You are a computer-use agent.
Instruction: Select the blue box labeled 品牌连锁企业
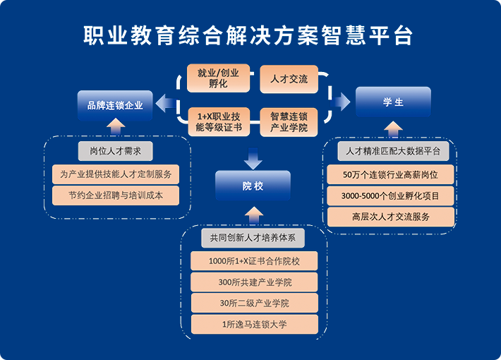pyautogui.click(x=115, y=105)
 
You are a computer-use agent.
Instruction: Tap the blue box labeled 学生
pyautogui.click(x=393, y=102)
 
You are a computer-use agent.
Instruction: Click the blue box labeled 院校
pyautogui.click(x=253, y=186)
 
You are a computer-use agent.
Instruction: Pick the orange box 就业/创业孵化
pyautogui.click(x=218, y=78)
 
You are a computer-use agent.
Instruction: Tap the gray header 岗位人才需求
pyautogui.click(x=116, y=151)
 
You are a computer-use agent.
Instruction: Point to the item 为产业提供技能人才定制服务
pyautogui.click(x=116, y=174)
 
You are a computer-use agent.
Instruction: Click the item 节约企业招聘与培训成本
pyautogui.click(x=116, y=196)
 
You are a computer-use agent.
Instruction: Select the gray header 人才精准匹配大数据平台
pyautogui.click(x=393, y=151)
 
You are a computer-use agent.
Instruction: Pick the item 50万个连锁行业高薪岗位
pyautogui.click(x=391, y=174)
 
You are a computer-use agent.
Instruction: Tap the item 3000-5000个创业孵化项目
pyautogui.click(x=391, y=196)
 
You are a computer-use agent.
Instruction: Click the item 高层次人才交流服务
pyautogui.click(x=391, y=217)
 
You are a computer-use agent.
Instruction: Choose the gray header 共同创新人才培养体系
pyautogui.click(x=253, y=239)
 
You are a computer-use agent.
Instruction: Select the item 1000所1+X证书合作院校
pyautogui.click(x=254, y=261)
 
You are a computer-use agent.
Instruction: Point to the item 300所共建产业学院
pyautogui.click(x=254, y=282)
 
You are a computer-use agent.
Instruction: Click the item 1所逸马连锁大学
pyautogui.click(x=254, y=325)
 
